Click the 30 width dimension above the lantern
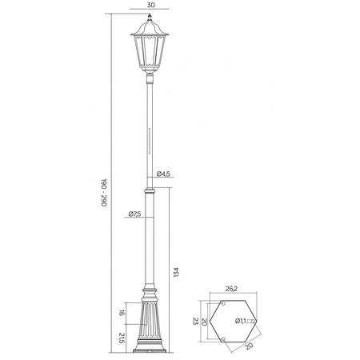[150, 4]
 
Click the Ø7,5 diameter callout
[134, 214]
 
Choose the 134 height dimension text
[176, 271]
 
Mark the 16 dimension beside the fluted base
[121, 314]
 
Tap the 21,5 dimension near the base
[121, 338]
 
